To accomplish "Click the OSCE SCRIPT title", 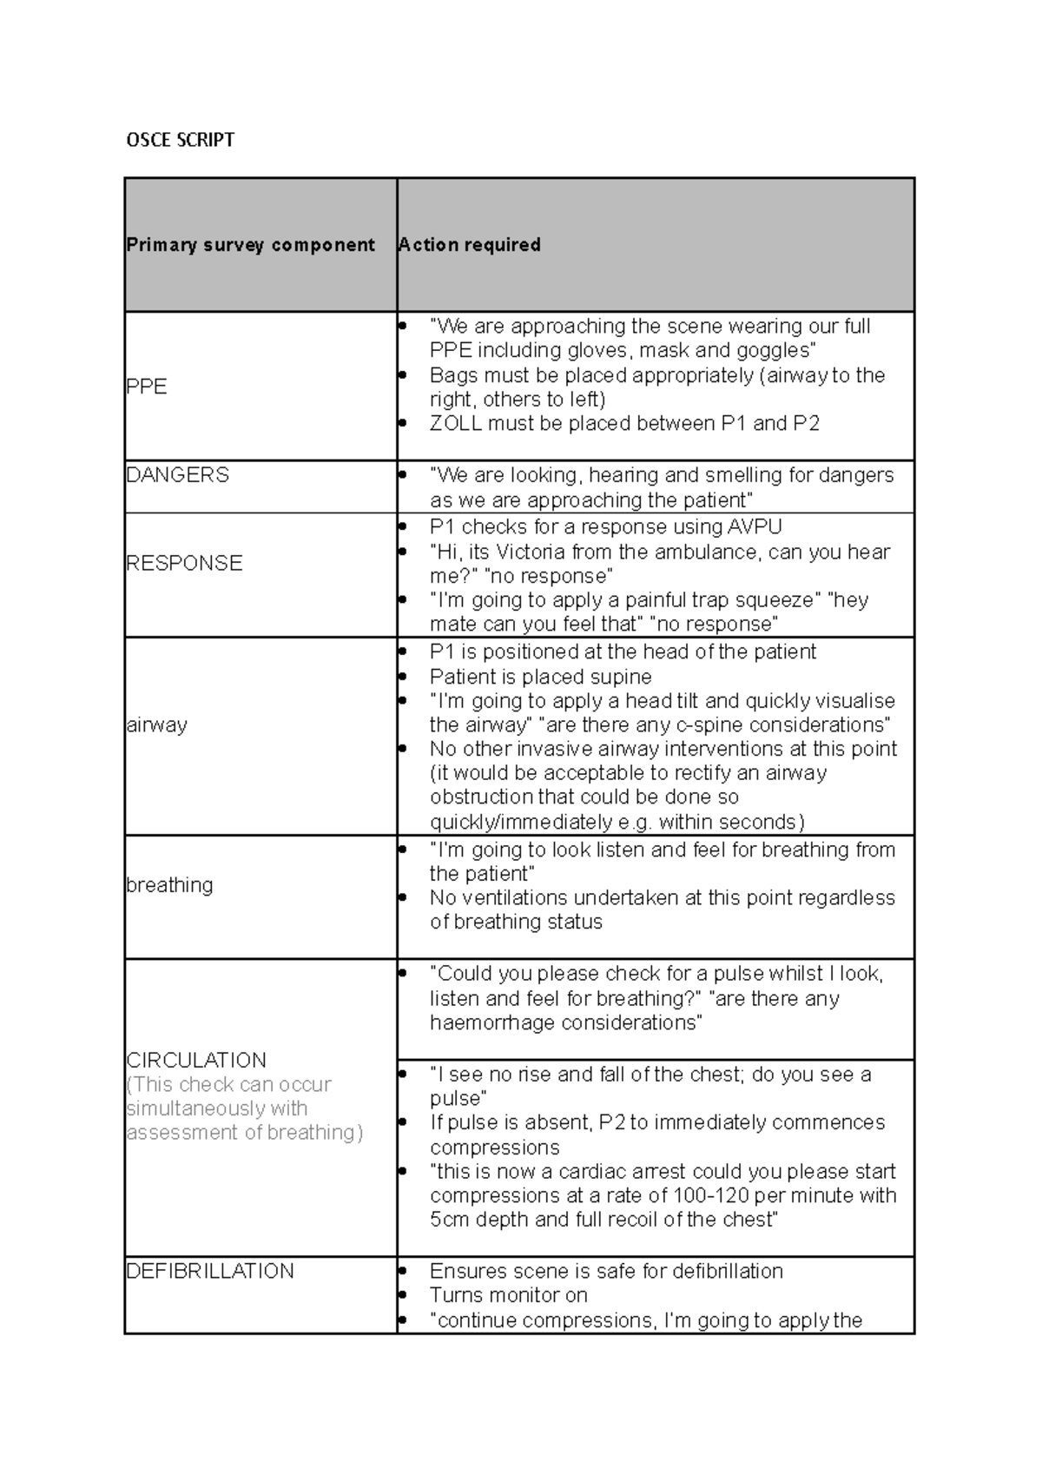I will [x=180, y=140].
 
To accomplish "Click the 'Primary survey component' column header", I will [x=250, y=245].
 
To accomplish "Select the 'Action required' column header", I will [x=469, y=245].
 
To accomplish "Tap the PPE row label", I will [x=146, y=387].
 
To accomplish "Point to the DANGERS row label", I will [x=177, y=475].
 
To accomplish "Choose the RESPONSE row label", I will [x=184, y=563].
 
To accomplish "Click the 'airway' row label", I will [x=156, y=724].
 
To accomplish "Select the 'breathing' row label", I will [x=169, y=884].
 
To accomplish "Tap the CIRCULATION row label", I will [x=196, y=1060].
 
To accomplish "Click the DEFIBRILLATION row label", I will [x=210, y=1271].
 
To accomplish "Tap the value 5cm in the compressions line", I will [x=450, y=1220].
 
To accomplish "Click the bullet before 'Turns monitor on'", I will [x=402, y=1295].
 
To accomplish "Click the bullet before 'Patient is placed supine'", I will [x=402, y=677].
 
